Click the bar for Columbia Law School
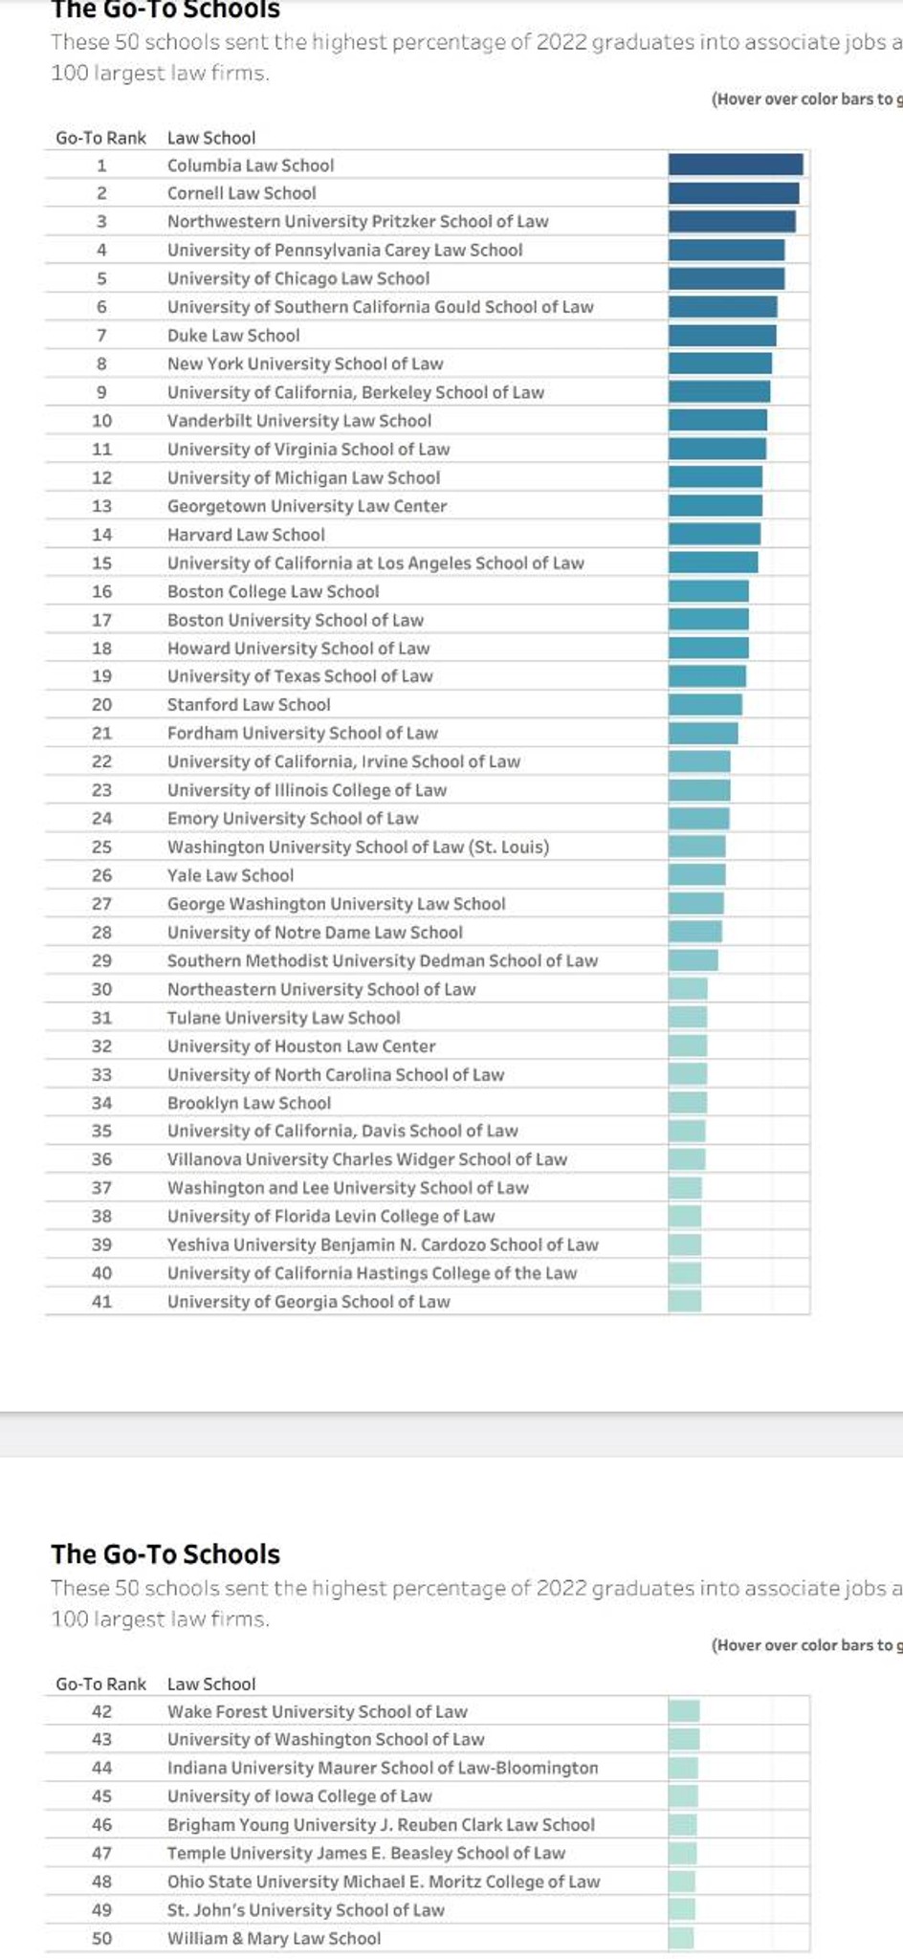pos(735,165)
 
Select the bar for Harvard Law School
pos(715,534)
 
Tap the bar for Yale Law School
pos(696,874)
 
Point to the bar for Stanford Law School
pos(705,704)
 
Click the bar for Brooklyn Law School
pos(688,1102)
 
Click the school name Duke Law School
pos(233,335)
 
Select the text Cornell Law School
pos(241,193)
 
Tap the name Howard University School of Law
pos(298,648)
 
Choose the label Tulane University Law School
pos(283,1017)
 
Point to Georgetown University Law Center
pos(307,505)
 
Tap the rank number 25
pos(101,847)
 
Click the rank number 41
pos(101,1301)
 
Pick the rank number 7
pos(101,335)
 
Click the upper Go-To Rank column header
pos(100,138)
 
